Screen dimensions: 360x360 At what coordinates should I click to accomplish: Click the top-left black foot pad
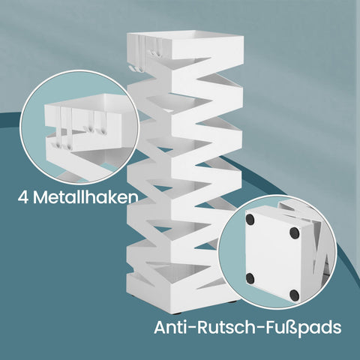(x=250, y=220)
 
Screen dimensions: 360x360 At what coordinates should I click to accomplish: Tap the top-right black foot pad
(x=295, y=233)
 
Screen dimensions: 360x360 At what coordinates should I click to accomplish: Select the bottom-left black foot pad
(x=250, y=278)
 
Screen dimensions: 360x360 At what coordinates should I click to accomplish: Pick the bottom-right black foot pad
(x=294, y=295)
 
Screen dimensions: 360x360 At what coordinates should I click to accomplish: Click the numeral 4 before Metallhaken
(x=23, y=197)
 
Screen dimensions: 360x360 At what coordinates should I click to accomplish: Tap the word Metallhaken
(x=85, y=197)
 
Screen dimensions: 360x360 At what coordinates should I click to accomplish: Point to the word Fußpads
(x=304, y=328)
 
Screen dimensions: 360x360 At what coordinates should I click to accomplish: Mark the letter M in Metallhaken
(x=40, y=197)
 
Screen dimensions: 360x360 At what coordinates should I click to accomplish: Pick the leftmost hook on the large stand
(x=130, y=68)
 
